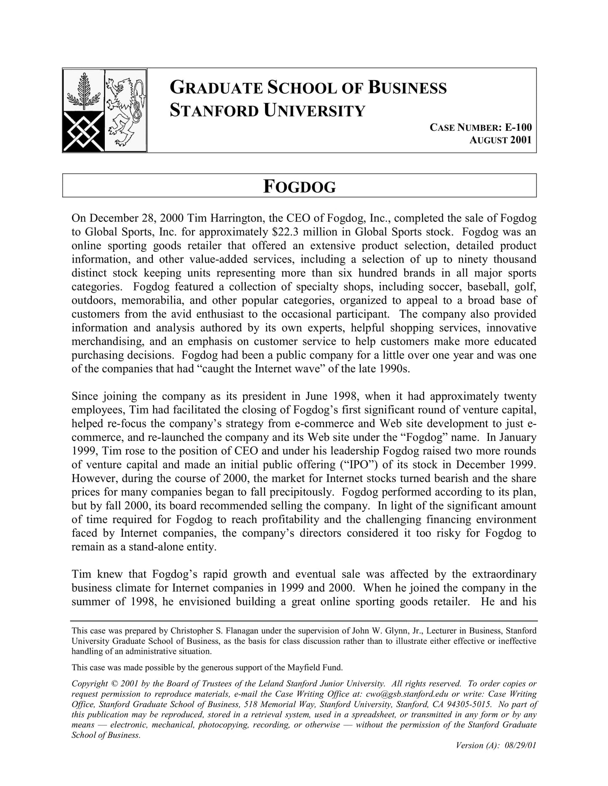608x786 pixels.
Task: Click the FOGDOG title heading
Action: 300,186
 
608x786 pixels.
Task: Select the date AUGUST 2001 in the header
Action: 501,140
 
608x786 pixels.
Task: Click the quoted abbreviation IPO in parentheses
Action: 357,464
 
